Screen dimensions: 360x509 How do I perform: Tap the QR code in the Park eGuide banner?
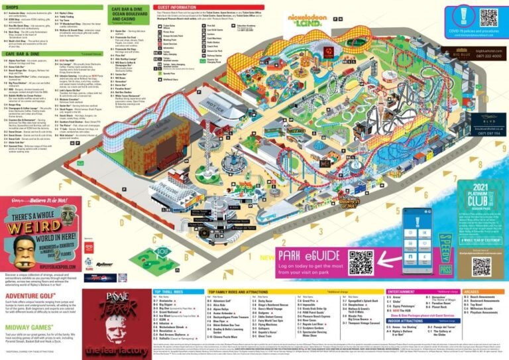pos(361,263)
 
